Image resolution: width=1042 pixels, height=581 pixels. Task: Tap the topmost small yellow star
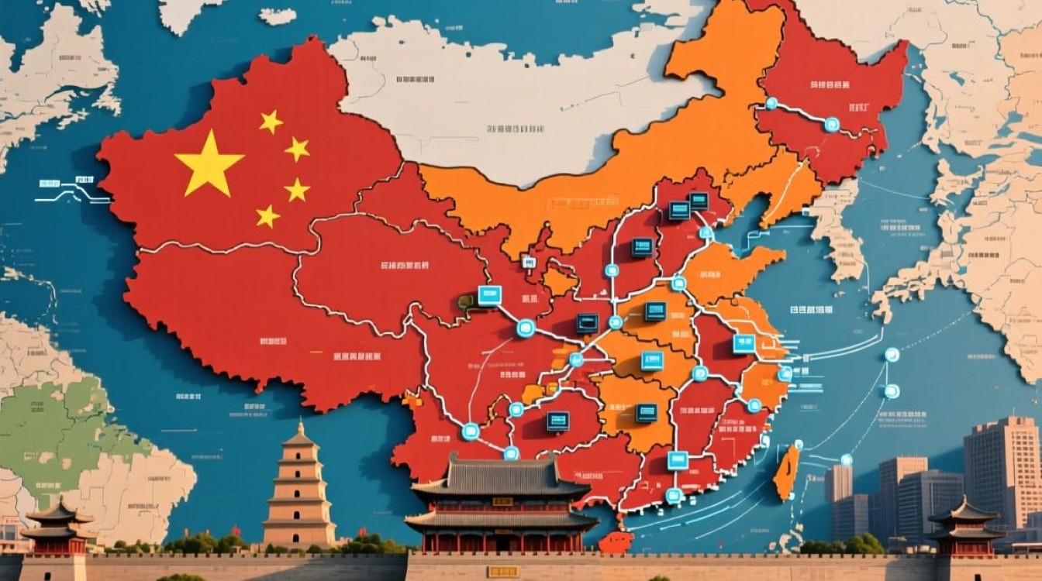(271, 121)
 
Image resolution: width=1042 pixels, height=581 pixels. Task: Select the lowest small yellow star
(267, 216)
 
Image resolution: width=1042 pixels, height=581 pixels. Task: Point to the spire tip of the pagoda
(300, 425)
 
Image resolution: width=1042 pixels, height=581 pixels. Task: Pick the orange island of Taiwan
(787, 472)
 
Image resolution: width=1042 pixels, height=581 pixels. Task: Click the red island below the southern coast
(616, 541)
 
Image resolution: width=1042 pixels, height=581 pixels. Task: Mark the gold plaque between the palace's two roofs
(502, 502)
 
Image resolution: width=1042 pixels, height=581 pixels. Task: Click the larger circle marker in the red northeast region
(832, 124)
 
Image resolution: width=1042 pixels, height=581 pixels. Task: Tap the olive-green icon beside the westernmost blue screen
(467, 301)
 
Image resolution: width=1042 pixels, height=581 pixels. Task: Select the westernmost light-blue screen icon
(489, 295)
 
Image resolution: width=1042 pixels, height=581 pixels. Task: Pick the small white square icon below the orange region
(529, 262)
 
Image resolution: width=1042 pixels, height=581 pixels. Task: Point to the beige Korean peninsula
(837, 232)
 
